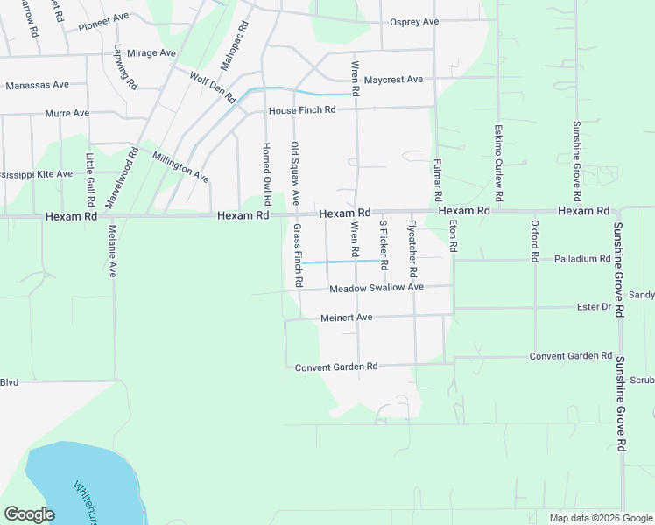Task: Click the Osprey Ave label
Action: click(413, 22)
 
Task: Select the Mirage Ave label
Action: click(151, 53)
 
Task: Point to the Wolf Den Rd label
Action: click(212, 87)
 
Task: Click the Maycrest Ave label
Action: click(393, 80)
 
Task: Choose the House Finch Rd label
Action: click(302, 111)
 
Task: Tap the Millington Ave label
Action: click(180, 167)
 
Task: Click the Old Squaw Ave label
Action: click(296, 174)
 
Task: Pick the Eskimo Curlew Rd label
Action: click(497, 157)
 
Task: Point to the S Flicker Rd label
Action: click(384, 245)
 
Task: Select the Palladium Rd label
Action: click(582, 260)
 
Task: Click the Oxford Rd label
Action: click(533, 240)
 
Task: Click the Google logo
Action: click(30, 514)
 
